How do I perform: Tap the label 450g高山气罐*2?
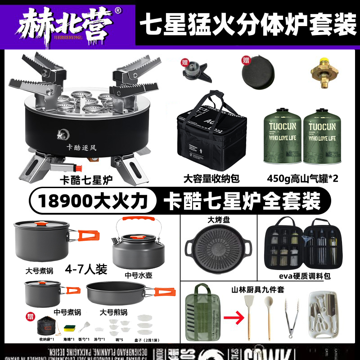pos(302,179)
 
